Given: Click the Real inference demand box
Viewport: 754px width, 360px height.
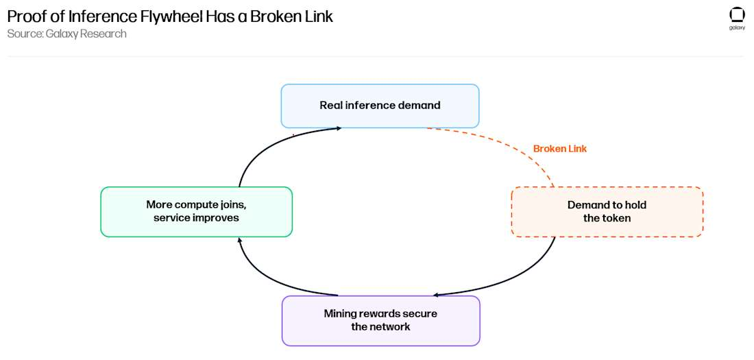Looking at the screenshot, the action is click(380, 106).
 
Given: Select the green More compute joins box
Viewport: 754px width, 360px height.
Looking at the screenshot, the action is click(196, 212).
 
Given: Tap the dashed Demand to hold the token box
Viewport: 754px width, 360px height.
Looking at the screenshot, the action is click(607, 212).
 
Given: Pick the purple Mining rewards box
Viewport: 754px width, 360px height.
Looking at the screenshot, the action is click(380, 320).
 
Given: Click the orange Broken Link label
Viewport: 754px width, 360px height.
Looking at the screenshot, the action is click(560, 149).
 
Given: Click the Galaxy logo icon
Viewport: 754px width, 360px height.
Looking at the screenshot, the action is click(737, 15).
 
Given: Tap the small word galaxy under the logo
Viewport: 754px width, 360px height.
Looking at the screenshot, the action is click(737, 28).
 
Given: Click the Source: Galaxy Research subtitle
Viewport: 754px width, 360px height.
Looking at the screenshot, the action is click(67, 34).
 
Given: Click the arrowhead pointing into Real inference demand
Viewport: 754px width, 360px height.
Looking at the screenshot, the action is click(339, 128).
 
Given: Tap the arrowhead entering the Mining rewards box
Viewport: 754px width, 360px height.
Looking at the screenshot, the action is click(435, 296).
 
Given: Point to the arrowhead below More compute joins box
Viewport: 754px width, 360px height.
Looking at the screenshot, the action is click(240, 240).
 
